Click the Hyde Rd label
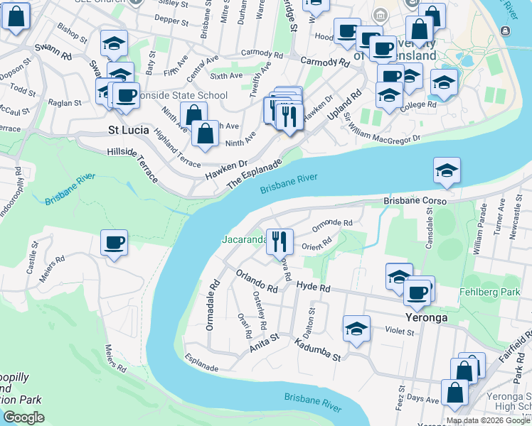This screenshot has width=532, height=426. pyautogui.click(x=314, y=288)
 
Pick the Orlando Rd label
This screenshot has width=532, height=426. pyautogui.click(x=257, y=283)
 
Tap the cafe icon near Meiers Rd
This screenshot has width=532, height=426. pyautogui.click(x=114, y=244)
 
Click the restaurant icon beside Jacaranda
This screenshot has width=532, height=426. pyautogui.click(x=279, y=241)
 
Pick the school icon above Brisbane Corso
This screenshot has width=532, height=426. pyautogui.click(x=447, y=170)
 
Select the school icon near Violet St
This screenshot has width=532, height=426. pyautogui.click(x=356, y=329)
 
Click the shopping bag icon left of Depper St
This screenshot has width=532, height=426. pyautogui.click(x=16, y=17)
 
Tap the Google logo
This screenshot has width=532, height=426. pyautogui.click(x=23, y=417)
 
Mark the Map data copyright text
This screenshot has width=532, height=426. pyautogui.click(x=488, y=420)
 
